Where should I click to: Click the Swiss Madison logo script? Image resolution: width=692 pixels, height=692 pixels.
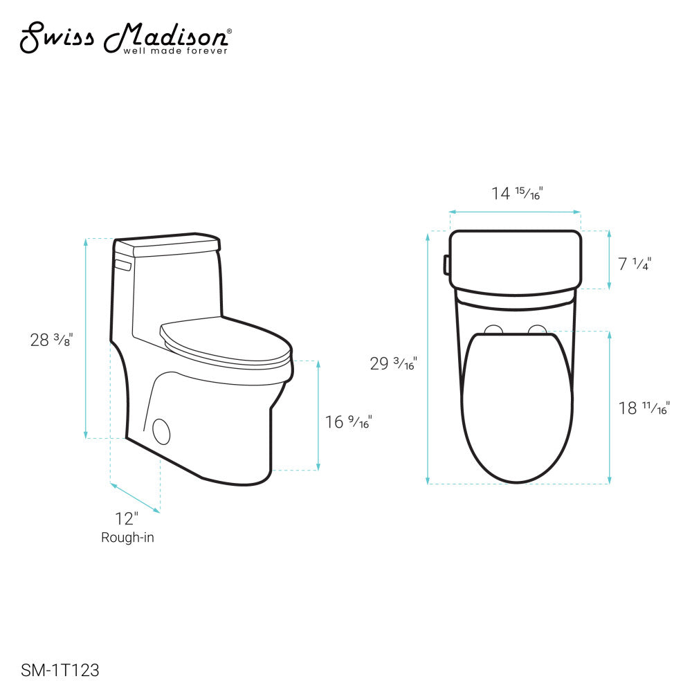(x=125, y=36)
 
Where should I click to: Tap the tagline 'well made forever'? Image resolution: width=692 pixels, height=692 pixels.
(x=175, y=51)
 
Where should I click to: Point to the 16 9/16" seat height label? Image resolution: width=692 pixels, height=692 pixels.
(x=348, y=421)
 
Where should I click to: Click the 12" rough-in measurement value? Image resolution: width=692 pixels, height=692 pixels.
(x=127, y=518)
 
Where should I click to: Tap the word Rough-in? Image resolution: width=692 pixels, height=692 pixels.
(x=127, y=537)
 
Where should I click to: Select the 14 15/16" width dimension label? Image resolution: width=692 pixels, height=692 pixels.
(x=516, y=193)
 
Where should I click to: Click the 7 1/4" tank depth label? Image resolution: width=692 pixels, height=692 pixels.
(x=635, y=264)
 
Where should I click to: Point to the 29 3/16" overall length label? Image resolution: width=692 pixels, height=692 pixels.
(x=393, y=363)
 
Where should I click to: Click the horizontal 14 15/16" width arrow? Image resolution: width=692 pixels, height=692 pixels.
(x=516, y=212)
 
